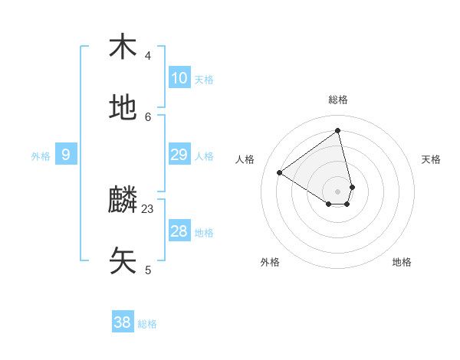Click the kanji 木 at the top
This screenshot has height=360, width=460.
(123, 47)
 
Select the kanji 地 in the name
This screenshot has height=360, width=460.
(123, 108)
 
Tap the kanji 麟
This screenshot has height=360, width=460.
(123, 201)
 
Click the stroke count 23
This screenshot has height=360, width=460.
(148, 208)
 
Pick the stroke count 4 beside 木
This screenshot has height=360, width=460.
(148, 55)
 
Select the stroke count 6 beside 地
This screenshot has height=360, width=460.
(148, 116)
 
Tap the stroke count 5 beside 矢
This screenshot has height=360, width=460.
(148, 270)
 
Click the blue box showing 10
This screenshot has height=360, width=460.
(179, 78)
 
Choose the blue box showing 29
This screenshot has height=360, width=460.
(179, 155)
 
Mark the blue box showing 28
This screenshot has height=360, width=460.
(179, 231)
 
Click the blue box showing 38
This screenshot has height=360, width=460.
(123, 322)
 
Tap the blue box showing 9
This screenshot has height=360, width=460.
(66, 155)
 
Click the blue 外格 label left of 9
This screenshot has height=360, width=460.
(41, 156)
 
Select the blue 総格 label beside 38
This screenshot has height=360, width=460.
(147, 324)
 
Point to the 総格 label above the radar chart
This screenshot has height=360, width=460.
(338, 100)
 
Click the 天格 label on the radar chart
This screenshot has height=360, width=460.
(431, 159)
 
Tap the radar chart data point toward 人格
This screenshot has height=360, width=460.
(280, 173)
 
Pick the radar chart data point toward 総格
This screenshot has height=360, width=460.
(338, 131)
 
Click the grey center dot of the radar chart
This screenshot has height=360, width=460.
(338, 191)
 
